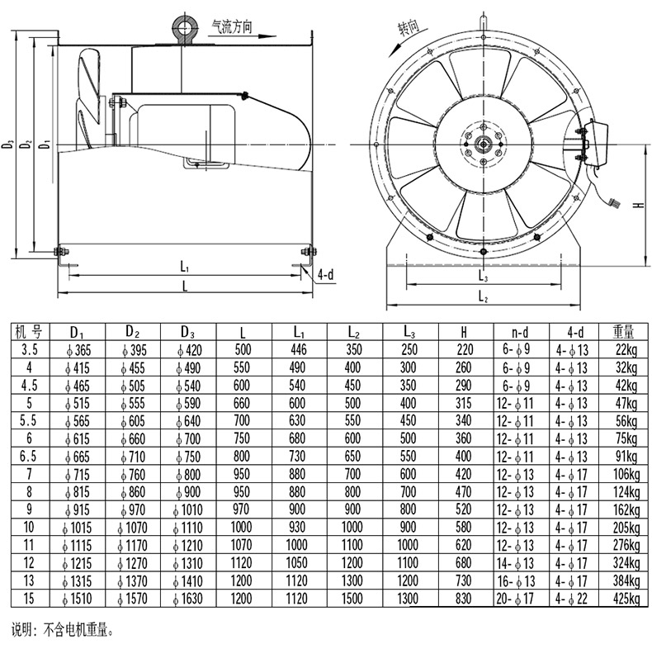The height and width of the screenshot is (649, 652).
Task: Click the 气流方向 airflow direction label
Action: tap(232, 26)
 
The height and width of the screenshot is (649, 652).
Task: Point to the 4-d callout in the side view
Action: tap(325, 275)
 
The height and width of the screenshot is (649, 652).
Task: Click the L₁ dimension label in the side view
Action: tap(185, 267)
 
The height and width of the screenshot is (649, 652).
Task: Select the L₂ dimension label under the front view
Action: tap(483, 296)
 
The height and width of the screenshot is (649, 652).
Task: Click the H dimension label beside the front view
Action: tap(638, 205)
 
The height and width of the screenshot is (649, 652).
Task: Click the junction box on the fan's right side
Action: tap(598, 143)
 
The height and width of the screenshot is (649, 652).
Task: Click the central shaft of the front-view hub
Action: tap(483, 144)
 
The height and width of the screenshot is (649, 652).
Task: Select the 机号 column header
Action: tap(29, 332)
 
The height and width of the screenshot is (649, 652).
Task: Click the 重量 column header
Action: tap(623, 332)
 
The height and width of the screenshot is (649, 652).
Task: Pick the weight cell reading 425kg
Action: tap(626, 599)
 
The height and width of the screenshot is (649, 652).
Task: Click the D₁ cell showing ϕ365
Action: tap(78, 350)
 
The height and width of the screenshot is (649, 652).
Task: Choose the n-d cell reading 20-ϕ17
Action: tap(515, 599)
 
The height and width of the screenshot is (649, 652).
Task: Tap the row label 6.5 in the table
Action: tap(28, 457)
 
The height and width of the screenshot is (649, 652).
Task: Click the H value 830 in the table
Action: tap(463, 599)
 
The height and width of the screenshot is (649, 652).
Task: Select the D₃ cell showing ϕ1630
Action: tap(187, 599)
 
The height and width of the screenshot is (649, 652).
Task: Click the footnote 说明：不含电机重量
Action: tap(63, 630)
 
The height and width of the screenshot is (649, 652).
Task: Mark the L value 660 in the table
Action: tap(242, 403)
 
